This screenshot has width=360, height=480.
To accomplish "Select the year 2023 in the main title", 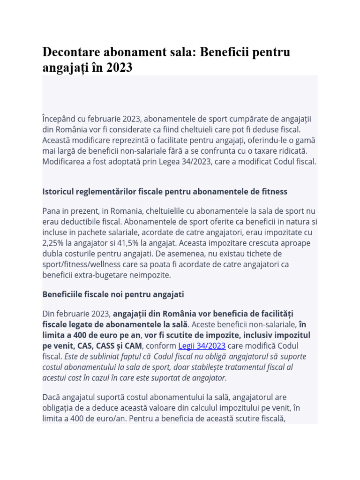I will (x=119, y=68).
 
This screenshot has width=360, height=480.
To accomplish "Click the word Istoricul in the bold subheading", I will (x=59, y=192).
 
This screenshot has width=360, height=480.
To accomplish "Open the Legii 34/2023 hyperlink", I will (x=202, y=346).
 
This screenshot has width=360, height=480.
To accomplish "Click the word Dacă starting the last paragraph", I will (x=52, y=396).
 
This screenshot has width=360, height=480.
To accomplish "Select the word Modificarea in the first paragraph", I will (x=64, y=162).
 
